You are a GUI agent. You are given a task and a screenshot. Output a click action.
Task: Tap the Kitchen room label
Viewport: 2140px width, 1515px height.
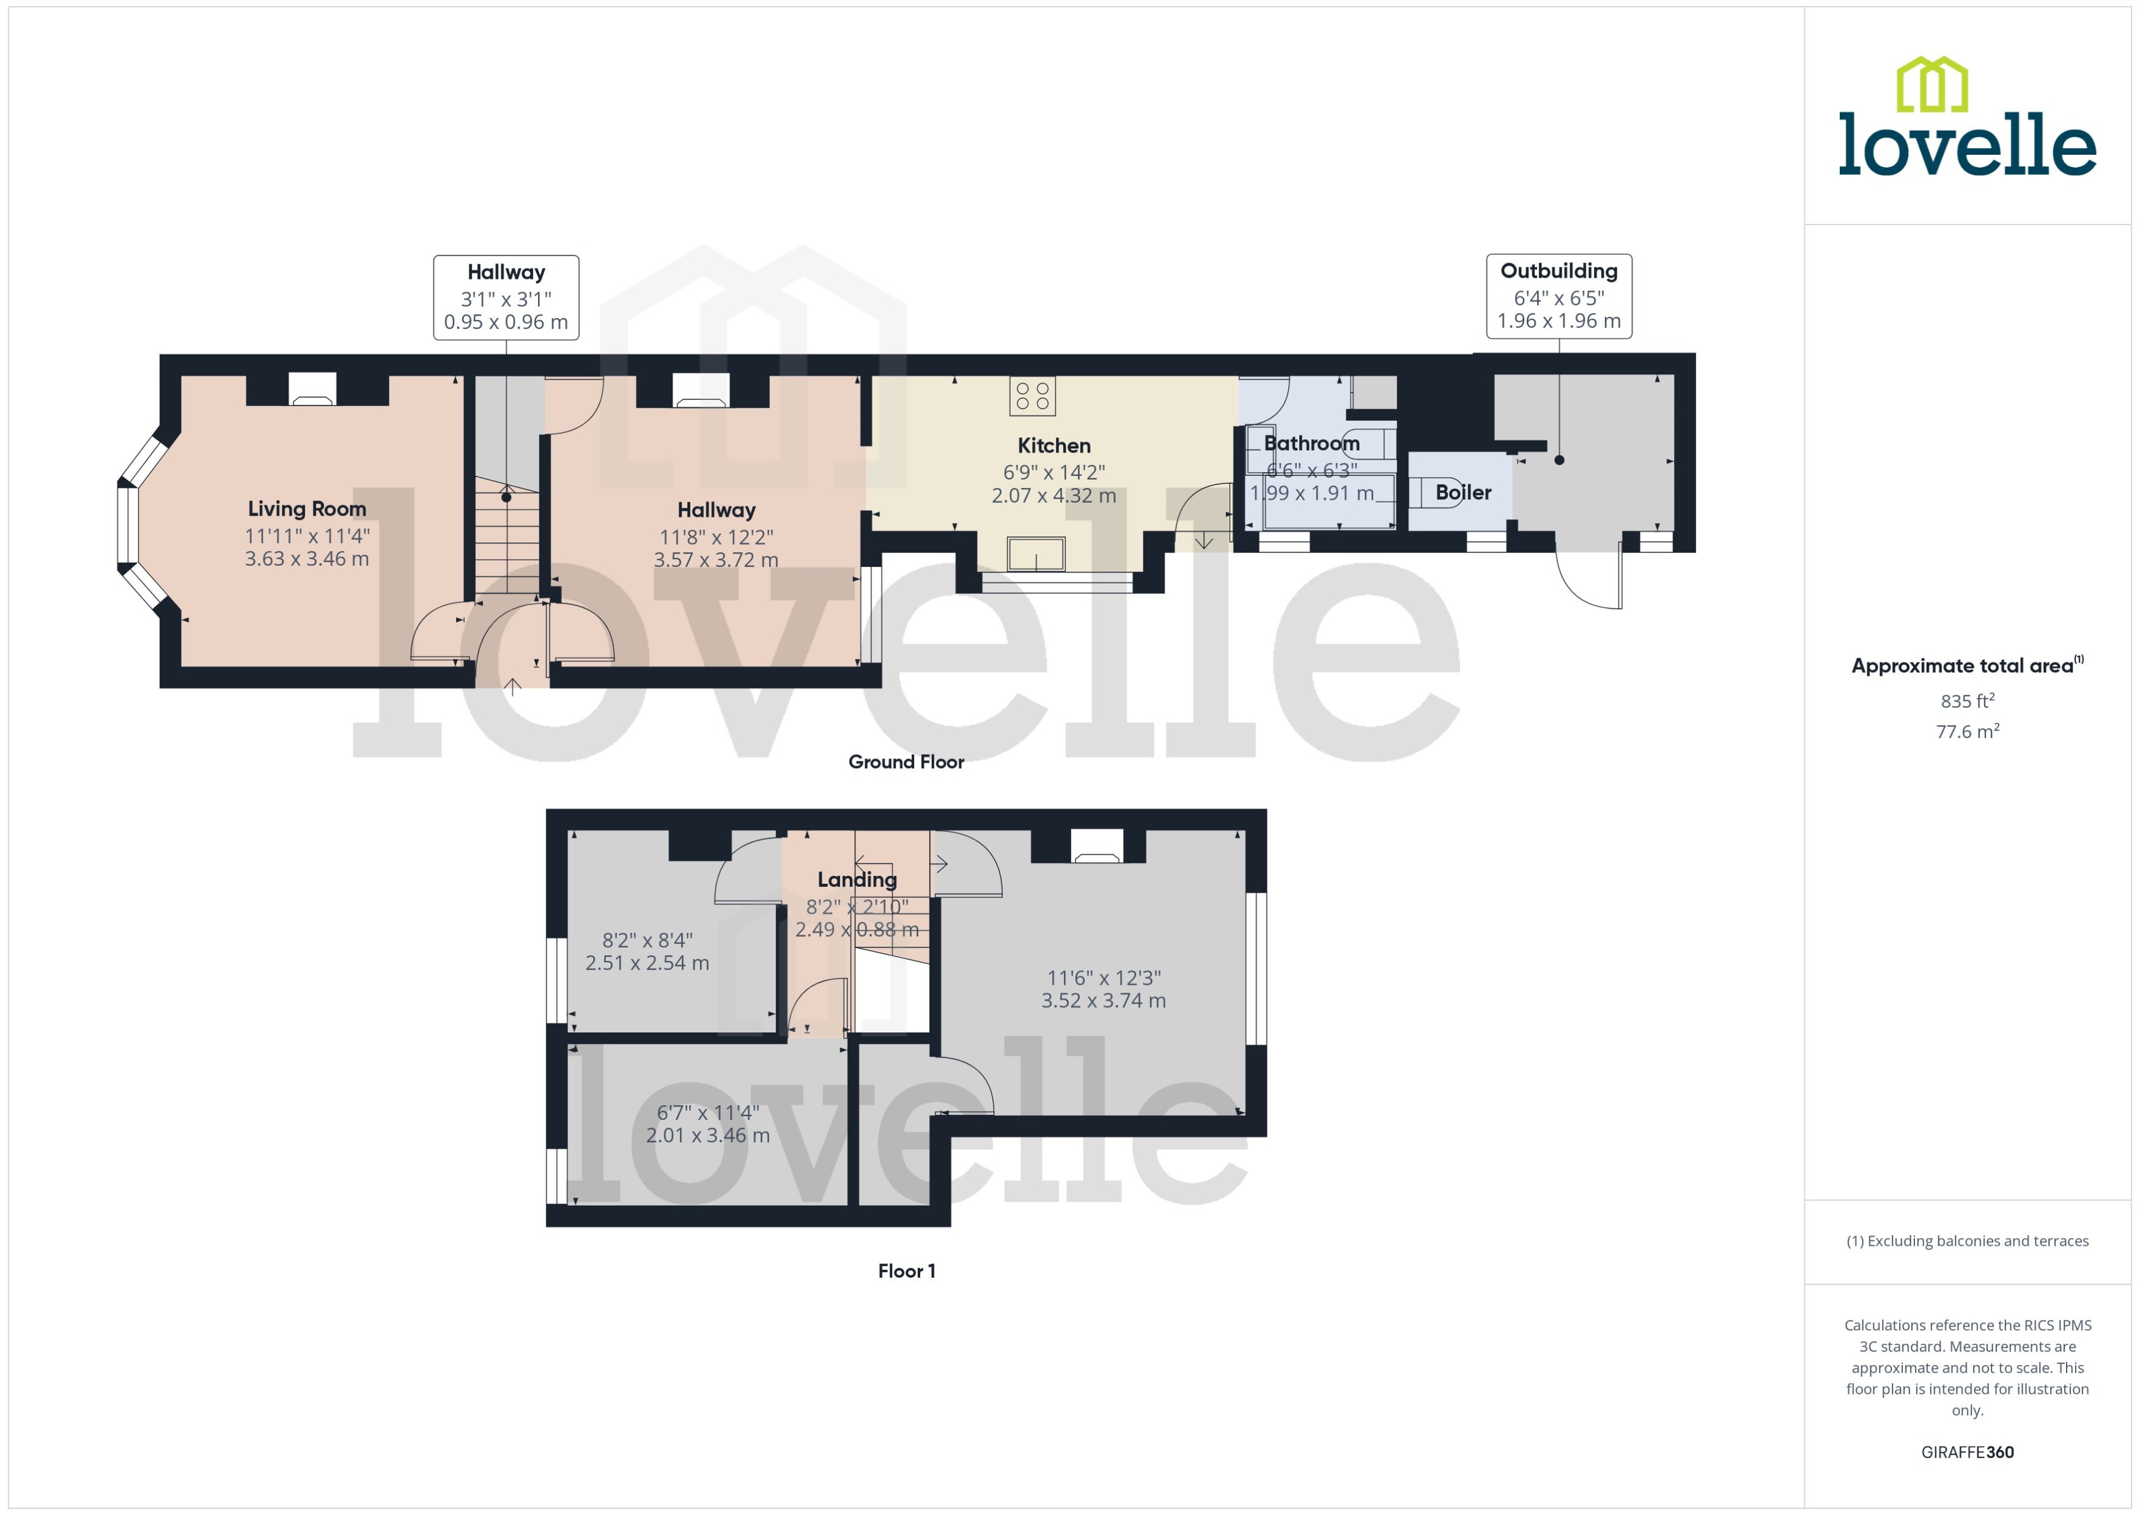[x=1053, y=446]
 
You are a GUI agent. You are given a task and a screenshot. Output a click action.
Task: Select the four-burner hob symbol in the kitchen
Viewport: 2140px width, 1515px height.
[x=1032, y=396]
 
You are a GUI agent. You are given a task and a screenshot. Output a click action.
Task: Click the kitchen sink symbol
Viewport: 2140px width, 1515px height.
[x=1036, y=554]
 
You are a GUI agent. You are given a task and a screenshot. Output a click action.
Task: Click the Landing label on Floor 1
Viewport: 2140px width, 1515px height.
[x=857, y=880]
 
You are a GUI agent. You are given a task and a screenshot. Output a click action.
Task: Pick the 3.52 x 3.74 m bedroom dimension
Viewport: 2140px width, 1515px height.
[x=1103, y=1001]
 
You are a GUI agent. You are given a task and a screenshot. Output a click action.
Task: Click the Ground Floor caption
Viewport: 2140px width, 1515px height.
[x=906, y=762]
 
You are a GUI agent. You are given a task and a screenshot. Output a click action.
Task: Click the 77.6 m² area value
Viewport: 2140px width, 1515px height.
[x=1966, y=732]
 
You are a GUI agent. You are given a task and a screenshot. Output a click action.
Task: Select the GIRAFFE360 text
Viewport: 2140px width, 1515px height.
[x=1966, y=1453]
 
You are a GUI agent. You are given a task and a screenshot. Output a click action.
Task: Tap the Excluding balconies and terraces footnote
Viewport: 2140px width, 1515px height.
[x=1966, y=1242]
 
